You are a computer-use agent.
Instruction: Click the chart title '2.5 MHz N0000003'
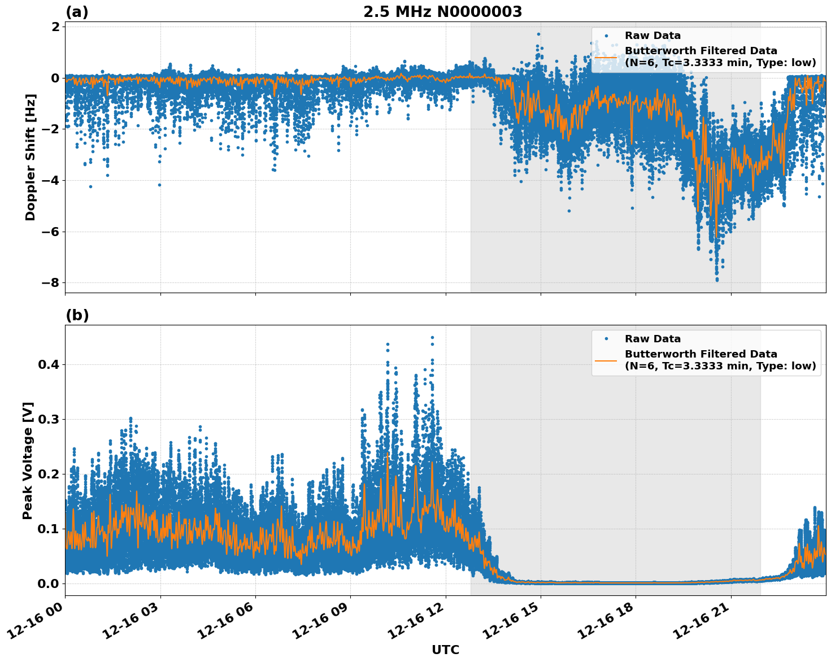pyautogui.click(x=442, y=12)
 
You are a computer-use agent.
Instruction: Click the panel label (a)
pyautogui.click(x=77, y=12)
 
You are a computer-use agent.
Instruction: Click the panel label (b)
pyautogui.click(x=77, y=315)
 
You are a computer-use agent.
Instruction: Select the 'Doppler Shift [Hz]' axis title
pyautogui.click(x=31, y=157)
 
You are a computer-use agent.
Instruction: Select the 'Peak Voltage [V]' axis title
pyautogui.click(x=28, y=460)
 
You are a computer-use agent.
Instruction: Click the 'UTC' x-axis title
pyautogui.click(x=445, y=650)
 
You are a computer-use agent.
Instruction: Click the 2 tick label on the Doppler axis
pyautogui.click(x=56, y=27)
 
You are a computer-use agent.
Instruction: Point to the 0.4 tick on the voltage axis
pyautogui.click(x=49, y=364)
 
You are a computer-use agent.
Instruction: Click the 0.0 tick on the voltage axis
pyautogui.click(x=49, y=583)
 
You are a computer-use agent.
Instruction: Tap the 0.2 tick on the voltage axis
pyautogui.click(x=49, y=474)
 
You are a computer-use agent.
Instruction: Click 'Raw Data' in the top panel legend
pyautogui.click(x=652, y=36)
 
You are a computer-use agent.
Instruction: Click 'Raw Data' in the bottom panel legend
pyautogui.click(x=652, y=339)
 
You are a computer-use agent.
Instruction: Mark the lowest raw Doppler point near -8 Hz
pyautogui.click(x=717, y=280)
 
